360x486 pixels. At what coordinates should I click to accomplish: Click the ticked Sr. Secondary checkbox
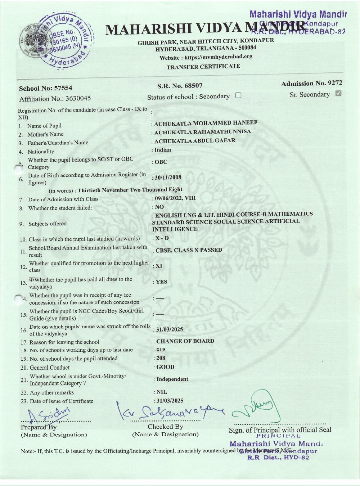click(x=338, y=94)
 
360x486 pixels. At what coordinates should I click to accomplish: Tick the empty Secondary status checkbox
click(x=238, y=95)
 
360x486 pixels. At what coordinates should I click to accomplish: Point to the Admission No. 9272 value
click(x=335, y=83)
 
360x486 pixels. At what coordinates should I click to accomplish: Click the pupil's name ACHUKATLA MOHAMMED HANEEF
click(x=206, y=123)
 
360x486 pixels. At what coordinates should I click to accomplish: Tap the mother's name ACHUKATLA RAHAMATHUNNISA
click(x=202, y=132)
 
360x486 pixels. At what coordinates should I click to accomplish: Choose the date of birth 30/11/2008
click(x=168, y=177)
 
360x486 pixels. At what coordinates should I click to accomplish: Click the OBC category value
click(x=161, y=162)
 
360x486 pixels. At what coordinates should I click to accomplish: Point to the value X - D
click(x=162, y=238)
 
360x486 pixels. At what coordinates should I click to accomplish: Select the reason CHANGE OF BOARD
click(x=185, y=341)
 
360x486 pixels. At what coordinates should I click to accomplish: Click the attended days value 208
click(x=161, y=358)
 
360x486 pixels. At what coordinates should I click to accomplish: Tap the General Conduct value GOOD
click(x=165, y=367)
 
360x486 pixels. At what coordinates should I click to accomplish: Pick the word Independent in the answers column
click(x=172, y=379)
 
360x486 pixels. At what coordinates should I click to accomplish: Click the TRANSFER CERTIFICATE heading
click(x=203, y=67)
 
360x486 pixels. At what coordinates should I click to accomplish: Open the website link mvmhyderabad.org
click(x=218, y=57)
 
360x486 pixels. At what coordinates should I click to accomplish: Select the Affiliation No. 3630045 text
click(x=55, y=99)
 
